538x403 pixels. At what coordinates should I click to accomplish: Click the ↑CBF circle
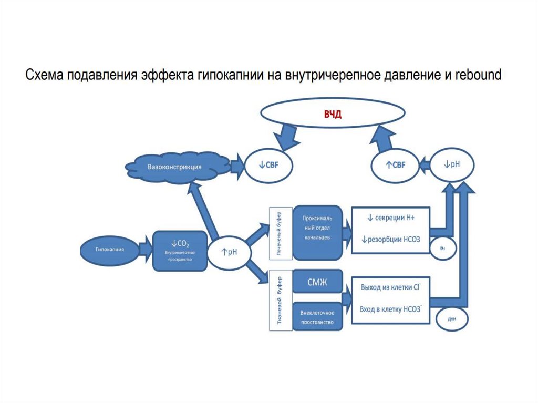pyautogui.click(x=395, y=166)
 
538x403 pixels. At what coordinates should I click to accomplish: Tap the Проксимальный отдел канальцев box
pyautogui.click(x=316, y=232)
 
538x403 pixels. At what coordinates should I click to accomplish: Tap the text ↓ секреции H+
pyautogui.click(x=391, y=218)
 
